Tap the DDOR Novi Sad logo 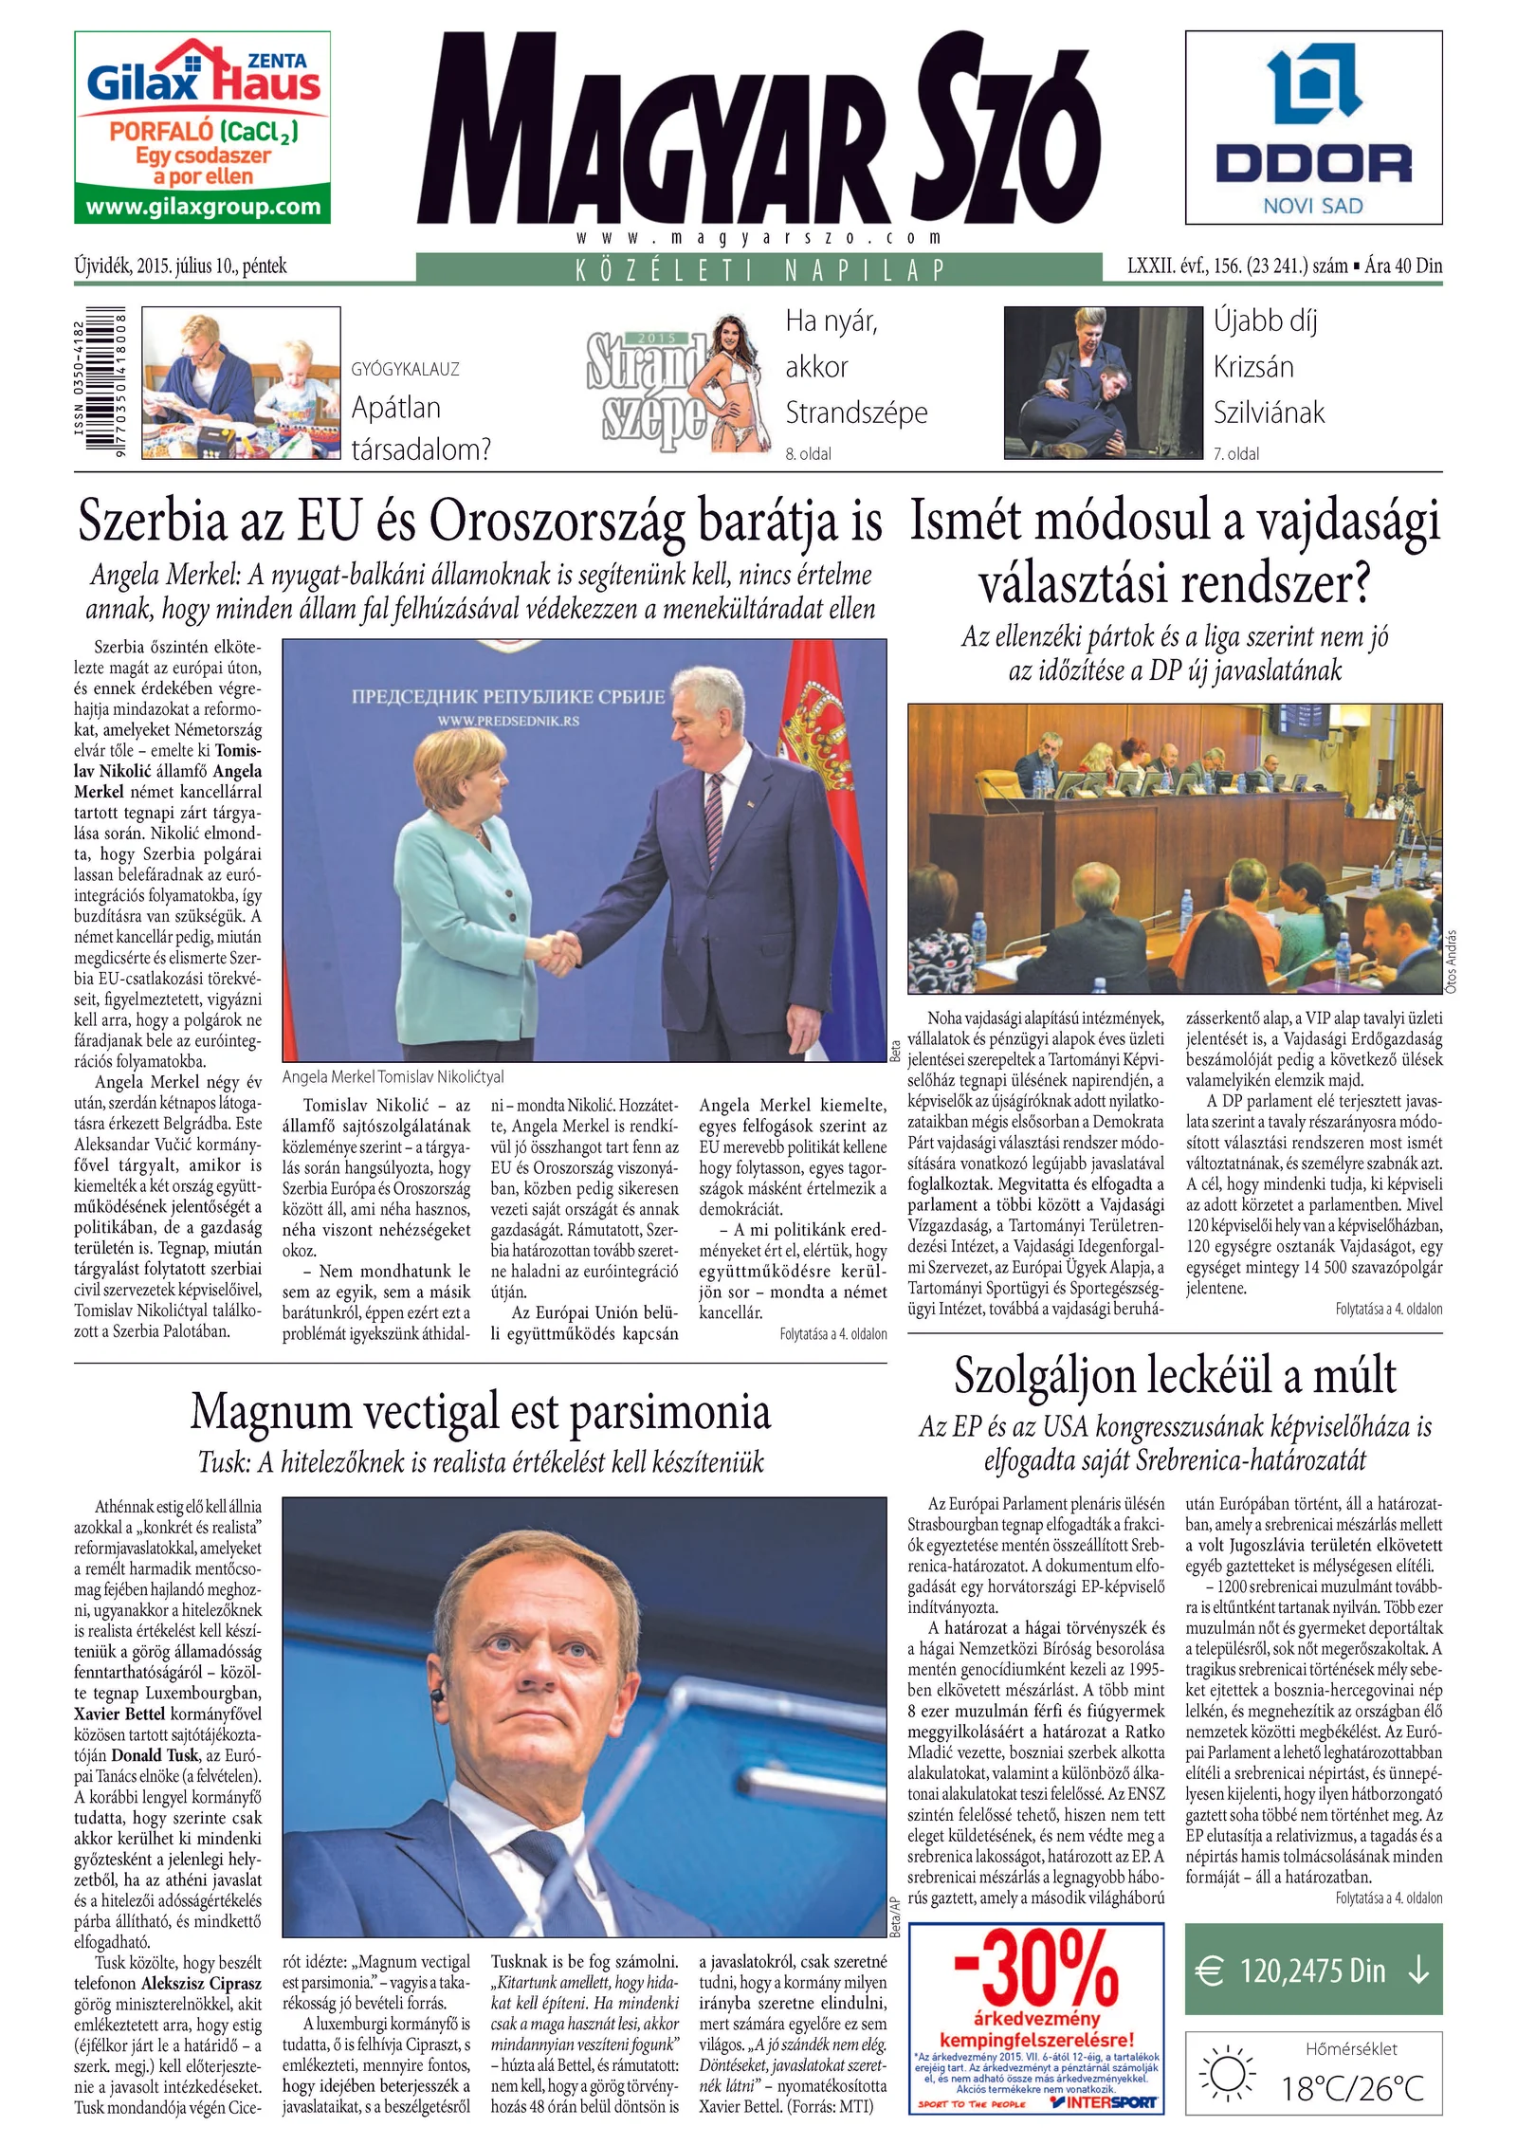(x=1313, y=125)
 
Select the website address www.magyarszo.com (x=758, y=238)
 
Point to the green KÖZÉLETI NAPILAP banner (x=758, y=269)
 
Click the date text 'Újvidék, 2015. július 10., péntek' (x=180, y=266)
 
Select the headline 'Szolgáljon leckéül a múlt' (x=1175, y=1376)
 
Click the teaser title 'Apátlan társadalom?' (x=420, y=428)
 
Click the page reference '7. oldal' (x=1236, y=454)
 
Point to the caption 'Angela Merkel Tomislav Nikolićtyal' (x=393, y=1077)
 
